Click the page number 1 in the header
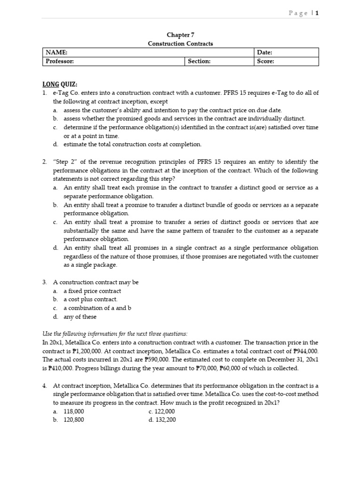317,13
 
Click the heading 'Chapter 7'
180,35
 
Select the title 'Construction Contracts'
180,44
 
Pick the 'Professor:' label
60,61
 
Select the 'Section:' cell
199,61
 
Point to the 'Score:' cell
266,61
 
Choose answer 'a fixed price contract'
92,291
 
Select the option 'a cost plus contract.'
90,299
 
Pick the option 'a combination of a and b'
97,308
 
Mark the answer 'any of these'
80,317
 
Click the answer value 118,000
74,411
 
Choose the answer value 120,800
74,419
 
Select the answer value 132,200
165,419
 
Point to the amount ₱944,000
304,351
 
